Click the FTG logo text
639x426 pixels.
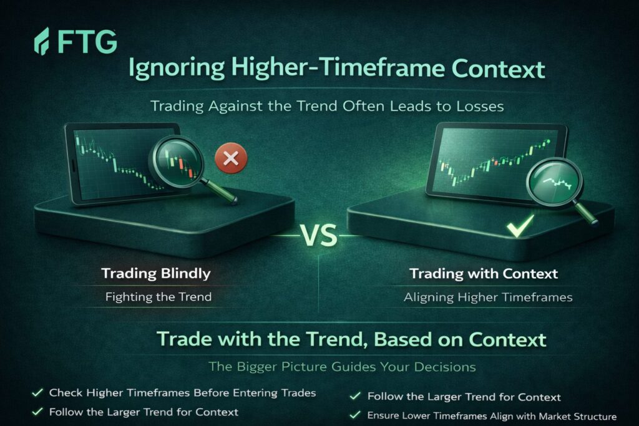pyautogui.click(x=87, y=42)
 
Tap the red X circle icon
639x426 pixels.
pyautogui.click(x=231, y=158)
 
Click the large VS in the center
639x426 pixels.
pyautogui.click(x=319, y=236)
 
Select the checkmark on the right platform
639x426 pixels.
pyautogui.click(x=520, y=226)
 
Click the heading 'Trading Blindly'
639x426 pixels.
pyautogui.click(x=156, y=273)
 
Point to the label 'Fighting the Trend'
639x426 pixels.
pyautogui.click(x=159, y=297)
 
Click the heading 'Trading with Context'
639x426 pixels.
pyautogui.click(x=484, y=274)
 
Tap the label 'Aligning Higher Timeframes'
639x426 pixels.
pyautogui.click(x=488, y=298)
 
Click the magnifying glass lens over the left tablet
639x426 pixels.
pyautogui.click(x=178, y=162)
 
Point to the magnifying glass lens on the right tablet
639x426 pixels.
pyautogui.click(x=554, y=182)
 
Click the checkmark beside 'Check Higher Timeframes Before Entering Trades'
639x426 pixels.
pyautogui.click(x=37, y=392)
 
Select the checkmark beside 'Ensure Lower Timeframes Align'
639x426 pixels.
pyautogui.click(x=355, y=415)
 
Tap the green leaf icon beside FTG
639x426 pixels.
pyautogui.click(x=42, y=41)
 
